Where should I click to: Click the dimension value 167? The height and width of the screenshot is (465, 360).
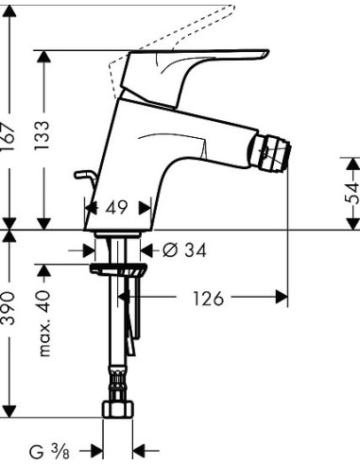pos(10,139)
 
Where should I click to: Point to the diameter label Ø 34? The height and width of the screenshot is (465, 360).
pos(183,250)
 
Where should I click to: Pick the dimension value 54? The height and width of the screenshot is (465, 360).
pos(351,195)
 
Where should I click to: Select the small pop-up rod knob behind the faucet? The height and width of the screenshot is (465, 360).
pos(87,176)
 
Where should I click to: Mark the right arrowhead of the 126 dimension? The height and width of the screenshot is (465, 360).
pos(281,299)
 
